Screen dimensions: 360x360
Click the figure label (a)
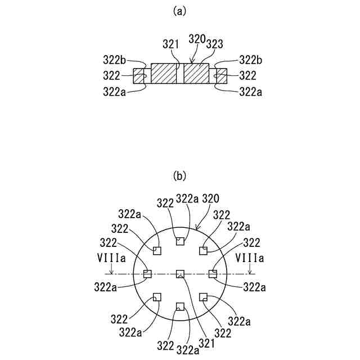click(x=179, y=10)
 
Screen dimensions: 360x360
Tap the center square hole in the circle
click(x=180, y=274)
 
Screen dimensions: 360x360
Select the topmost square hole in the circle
click(x=180, y=241)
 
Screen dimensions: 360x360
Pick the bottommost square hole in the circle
click(x=180, y=307)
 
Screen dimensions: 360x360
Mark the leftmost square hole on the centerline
click(x=148, y=274)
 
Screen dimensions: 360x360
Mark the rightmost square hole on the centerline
click(x=213, y=274)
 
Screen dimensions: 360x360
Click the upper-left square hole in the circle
click(x=157, y=251)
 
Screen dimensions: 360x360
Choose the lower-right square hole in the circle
click(x=203, y=296)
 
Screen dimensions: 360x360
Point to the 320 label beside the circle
click(x=210, y=198)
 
